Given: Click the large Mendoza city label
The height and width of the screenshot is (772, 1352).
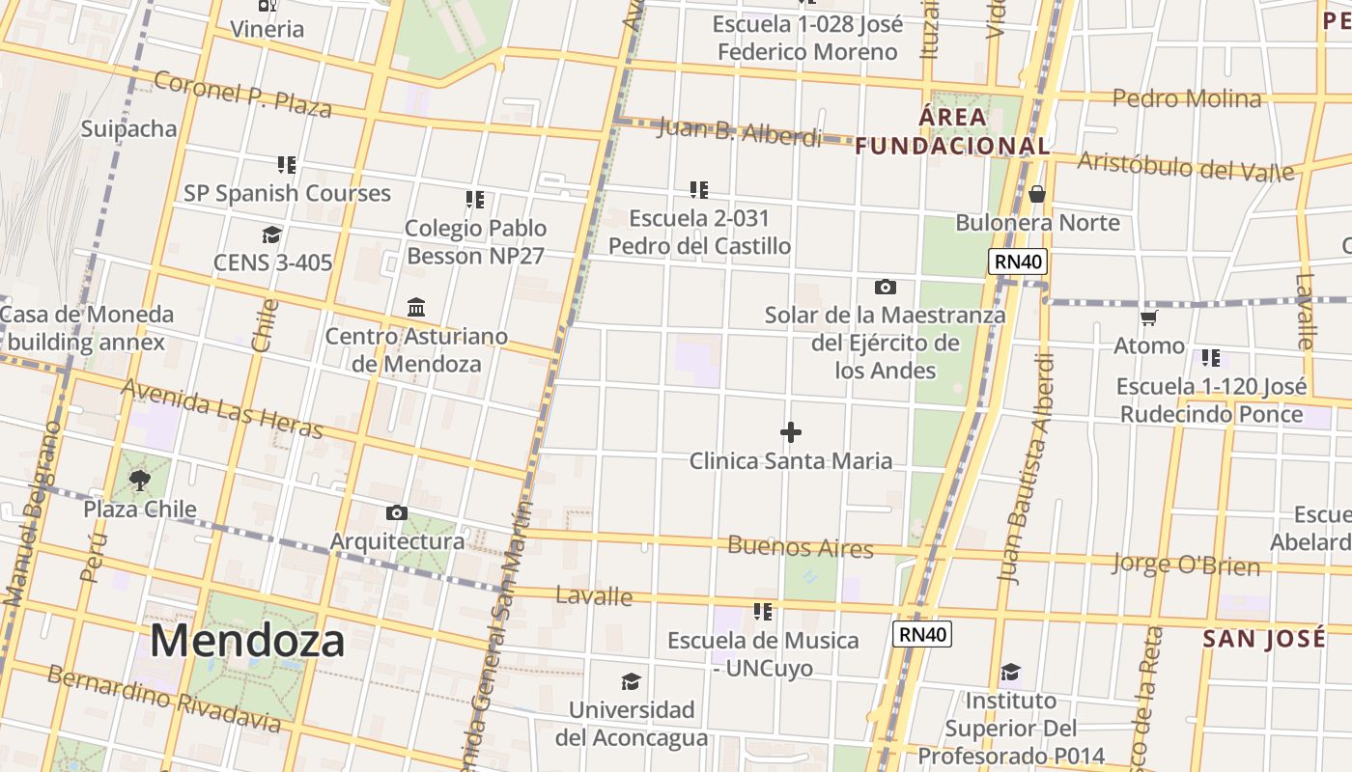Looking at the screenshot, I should click(x=247, y=641).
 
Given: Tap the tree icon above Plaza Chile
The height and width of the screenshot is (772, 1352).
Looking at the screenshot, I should click(x=140, y=480).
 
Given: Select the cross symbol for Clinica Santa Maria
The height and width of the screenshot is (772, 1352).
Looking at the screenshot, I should click(x=791, y=432).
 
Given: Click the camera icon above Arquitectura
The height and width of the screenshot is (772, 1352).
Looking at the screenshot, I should click(x=396, y=512).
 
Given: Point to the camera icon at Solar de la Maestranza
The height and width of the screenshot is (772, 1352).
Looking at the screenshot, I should click(x=885, y=287).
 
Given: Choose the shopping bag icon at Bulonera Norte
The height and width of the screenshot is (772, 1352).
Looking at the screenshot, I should click(x=1037, y=195).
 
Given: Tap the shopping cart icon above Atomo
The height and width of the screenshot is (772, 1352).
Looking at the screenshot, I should click(x=1148, y=317).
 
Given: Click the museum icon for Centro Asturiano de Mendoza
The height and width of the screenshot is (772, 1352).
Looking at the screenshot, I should click(x=416, y=308).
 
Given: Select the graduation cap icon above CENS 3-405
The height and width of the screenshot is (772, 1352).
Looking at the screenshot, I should click(x=271, y=234).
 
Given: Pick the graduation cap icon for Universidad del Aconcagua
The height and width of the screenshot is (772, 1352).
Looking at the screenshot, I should click(x=631, y=682).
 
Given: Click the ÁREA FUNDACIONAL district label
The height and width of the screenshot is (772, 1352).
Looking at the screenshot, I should click(x=953, y=132).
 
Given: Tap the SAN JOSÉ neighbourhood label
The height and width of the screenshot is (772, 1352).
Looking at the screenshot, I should click(x=1264, y=638).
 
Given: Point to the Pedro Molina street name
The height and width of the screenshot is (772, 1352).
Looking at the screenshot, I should click(x=1187, y=98).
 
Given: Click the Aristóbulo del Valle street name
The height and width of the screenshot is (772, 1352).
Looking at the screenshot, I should click(x=1185, y=166).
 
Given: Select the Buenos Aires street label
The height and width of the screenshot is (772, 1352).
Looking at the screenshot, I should click(x=801, y=547).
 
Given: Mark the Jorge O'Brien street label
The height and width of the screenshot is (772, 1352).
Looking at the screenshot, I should click(x=1186, y=564).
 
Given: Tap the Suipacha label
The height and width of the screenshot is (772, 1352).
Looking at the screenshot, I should click(x=129, y=129).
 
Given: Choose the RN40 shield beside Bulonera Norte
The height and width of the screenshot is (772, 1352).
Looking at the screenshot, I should click(x=1018, y=262).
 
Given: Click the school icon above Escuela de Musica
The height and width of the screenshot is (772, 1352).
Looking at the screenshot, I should click(x=763, y=612).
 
